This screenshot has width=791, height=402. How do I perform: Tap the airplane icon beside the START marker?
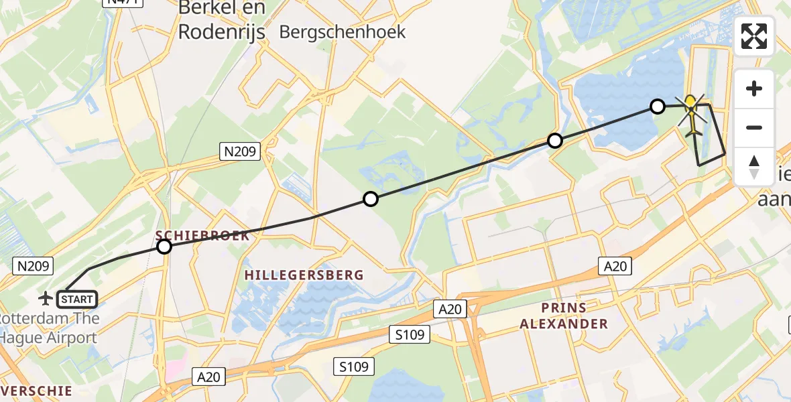47,297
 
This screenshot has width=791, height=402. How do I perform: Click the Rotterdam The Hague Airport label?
48,328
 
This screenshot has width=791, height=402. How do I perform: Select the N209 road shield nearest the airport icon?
32,267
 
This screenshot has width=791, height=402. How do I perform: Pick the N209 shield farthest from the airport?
240,152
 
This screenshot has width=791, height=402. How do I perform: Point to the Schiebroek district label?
202,236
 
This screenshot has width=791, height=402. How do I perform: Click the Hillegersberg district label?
304,275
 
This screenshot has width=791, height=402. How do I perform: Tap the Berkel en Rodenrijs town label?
222,20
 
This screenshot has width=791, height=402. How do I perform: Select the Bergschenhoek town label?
343,31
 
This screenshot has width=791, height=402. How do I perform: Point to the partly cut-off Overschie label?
37,390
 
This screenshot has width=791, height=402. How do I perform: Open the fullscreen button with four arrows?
754,36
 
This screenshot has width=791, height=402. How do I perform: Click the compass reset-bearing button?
754,167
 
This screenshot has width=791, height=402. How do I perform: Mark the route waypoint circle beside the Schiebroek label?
164,247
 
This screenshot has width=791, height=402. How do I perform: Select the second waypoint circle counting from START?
371,198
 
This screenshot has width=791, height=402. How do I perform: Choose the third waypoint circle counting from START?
555,141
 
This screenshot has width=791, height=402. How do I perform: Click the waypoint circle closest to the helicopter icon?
658,107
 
